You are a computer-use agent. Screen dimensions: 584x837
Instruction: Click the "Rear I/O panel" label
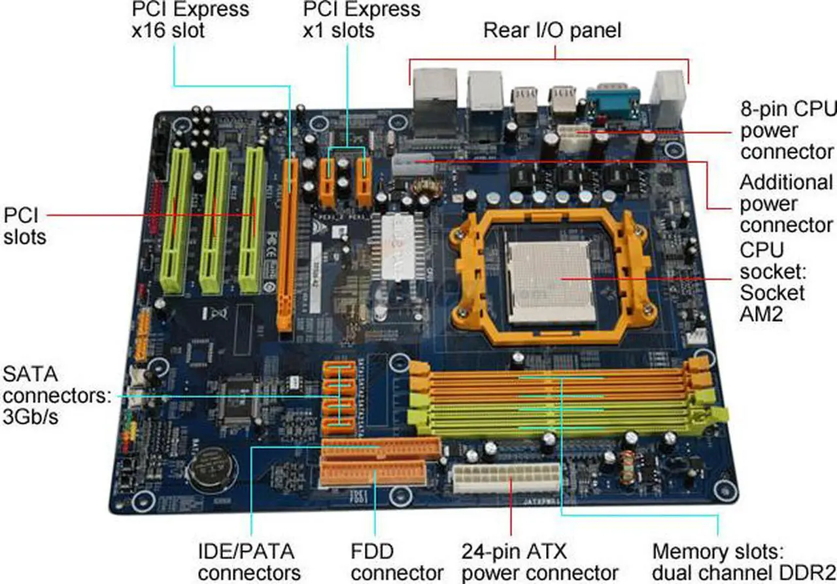pos(552,30)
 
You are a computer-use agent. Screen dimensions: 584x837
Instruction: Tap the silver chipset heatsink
pos(397,246)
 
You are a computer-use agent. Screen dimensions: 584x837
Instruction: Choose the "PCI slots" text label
pos(25,225)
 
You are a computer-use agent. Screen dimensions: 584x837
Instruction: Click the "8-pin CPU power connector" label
pos(787,129)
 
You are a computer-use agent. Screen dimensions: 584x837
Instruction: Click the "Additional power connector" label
pos(787,203)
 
